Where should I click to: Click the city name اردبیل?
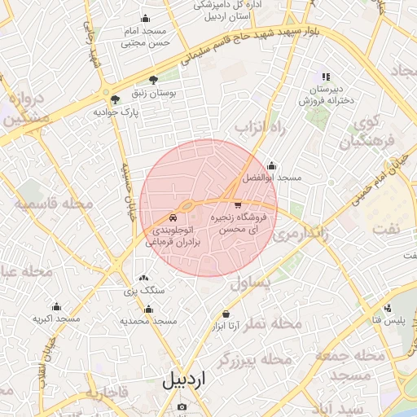(x=185, y=380)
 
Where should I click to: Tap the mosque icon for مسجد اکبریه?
(x=56, y=307)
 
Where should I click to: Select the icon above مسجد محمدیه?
(x=148, y=309)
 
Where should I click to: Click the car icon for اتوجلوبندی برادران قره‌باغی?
(x=173, y=218)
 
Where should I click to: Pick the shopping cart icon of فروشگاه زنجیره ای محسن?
(x=238, y=205)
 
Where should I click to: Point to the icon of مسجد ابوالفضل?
(x=271, y=165)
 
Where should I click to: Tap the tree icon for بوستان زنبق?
(x=153, y=80)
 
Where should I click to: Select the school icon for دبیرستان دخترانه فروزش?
(x=327, y=76)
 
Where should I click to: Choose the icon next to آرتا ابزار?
(x=226, y=314)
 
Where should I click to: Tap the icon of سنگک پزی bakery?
(x=144, y=279)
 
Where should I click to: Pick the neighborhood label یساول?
(x=249, y=281)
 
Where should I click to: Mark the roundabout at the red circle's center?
(x=188, y=205)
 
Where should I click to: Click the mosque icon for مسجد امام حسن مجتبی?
(x=146, y=19)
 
